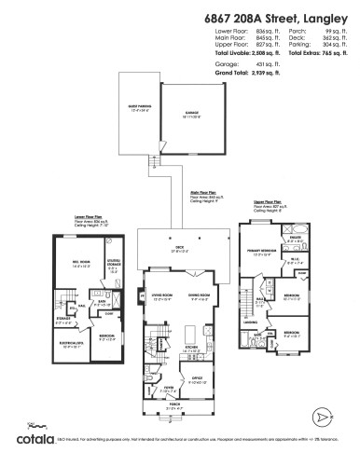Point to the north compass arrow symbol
coord(322,415)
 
